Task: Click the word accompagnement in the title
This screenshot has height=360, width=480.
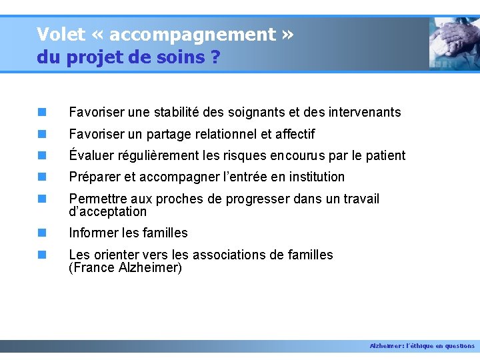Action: pos(192,35)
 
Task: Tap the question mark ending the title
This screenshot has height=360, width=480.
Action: pos(215,57)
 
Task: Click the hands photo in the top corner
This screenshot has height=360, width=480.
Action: pos(453,43)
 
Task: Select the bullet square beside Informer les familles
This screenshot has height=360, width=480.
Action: pos(42,233)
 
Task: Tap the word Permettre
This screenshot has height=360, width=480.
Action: pos(96,199)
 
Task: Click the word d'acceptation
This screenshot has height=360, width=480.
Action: pos(107,211)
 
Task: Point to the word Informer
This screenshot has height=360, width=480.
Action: pos(93,233)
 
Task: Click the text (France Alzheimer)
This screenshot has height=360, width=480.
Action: pos(125,267)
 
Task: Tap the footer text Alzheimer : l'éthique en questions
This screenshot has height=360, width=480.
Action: pos(422,346)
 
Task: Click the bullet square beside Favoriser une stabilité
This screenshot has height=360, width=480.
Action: pos(42,113)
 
